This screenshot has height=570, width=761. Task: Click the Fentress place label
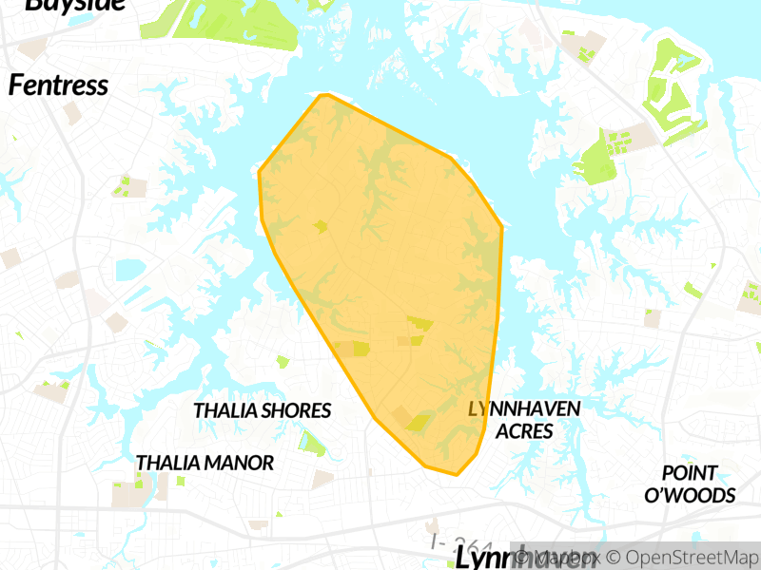(58, 85)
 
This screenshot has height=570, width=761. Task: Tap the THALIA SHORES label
(262, 410)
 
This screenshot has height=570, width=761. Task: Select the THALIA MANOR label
(205, 463)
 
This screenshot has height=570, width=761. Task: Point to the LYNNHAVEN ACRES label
(524, 419)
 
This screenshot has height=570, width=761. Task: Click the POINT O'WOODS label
(690, 484)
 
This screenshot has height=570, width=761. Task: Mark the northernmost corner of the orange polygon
(324, 95)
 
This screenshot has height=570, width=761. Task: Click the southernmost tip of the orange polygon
(457, 474)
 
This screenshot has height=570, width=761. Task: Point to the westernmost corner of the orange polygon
(260, 172)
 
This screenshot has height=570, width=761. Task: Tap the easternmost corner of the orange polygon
(501, 226)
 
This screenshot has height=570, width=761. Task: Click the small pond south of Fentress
(127, 271)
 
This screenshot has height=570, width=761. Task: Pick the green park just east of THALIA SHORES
(311, 441)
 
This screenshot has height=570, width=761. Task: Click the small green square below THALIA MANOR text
(179, 481)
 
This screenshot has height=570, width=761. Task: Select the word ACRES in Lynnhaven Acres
(524, 430)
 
